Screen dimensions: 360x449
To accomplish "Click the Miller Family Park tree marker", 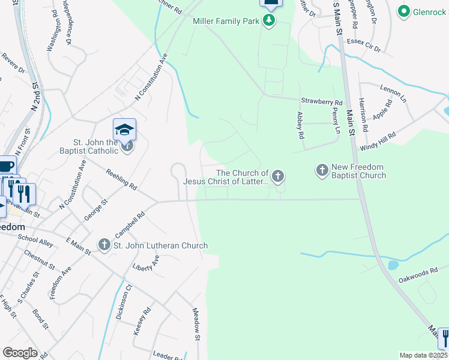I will [x=270, y=22].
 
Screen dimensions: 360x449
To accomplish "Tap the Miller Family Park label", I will [x=226, y=22].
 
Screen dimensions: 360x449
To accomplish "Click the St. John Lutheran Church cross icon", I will [x=104, y=245].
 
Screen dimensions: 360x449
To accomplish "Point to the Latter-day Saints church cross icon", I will [x=277, y=176].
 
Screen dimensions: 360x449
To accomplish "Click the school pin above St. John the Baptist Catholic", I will [x=125, y=129].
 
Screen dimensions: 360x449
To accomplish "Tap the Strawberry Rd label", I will [x=321, y=102].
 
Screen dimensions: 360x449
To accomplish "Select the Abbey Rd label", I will [x=301, y=125].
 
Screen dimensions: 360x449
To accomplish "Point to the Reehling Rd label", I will [x=121, y=179].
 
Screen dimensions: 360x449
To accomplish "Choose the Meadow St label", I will [x=196, y=322].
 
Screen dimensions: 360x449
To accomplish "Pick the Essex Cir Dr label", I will [x=364, y=45].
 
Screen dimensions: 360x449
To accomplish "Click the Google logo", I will [x=20, y=352].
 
